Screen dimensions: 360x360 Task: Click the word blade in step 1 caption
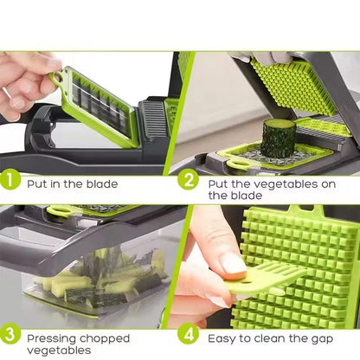pos(100,183)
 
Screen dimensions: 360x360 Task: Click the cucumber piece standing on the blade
pos(278,138)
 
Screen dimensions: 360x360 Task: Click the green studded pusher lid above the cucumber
pos(294,87)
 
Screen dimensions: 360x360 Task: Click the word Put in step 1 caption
pos(39,183)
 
